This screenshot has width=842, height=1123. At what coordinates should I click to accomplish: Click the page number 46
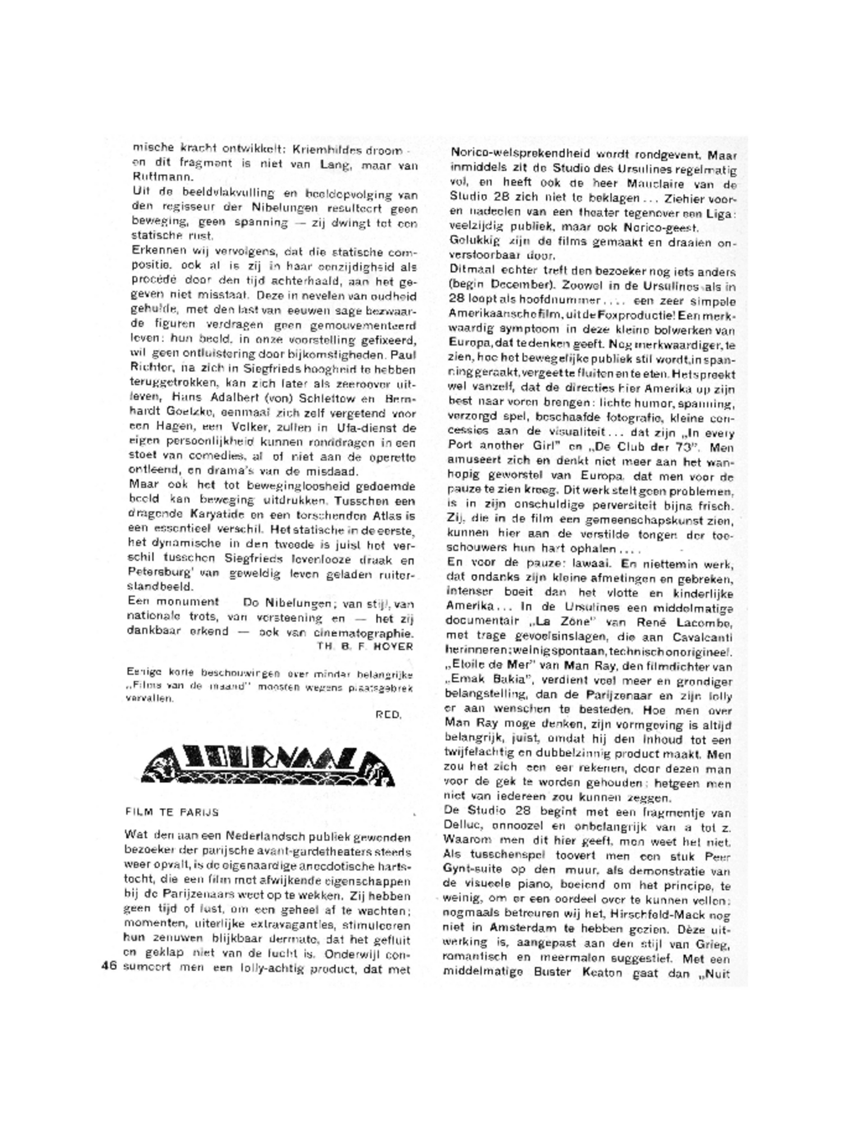108,966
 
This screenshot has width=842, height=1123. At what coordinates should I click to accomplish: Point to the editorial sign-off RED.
388,714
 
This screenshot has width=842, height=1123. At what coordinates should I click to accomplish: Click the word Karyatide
207,515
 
